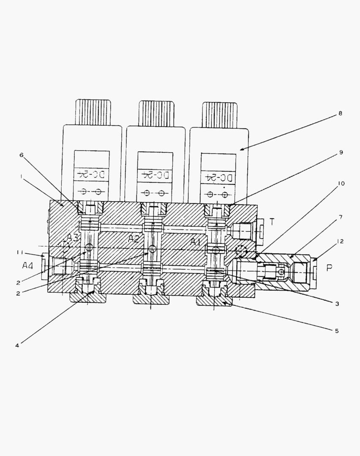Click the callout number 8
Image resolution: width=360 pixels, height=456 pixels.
click(x=340, y=113)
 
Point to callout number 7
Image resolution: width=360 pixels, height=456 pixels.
click(x=340, y=217)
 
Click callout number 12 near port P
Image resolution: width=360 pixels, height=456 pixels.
click(x=340, y=241)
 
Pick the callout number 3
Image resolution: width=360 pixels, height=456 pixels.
click(x=336, y=304)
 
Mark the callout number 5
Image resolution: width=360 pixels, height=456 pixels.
click(x=336, y=331)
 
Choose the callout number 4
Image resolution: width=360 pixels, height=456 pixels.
click(x=17, y=345)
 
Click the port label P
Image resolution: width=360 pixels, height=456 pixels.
click(x=330, y=268)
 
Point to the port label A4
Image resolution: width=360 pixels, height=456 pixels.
click(x=28, y=266)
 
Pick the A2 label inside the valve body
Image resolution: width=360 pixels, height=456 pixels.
click(x=134, y=239)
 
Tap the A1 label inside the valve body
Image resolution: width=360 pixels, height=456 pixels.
click(x=195, y=242)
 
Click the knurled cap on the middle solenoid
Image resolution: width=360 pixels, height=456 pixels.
click(x=156, y=113)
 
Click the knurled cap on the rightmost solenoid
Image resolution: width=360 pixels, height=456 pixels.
click(x=219, y=114)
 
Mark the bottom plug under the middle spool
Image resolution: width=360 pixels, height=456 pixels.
click(x=150, y=298)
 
